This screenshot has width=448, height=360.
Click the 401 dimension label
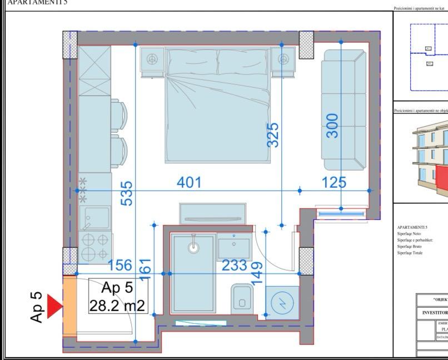click(x=189, y=182)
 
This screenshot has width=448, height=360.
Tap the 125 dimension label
click(x=333, y=182)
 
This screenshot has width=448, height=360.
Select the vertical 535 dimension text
click(x=127, y=193)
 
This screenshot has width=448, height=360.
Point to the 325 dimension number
click(x=272, y=135)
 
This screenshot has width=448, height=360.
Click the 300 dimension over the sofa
click(x=332, y=126)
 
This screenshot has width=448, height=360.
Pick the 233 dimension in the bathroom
click(x=235, y=266)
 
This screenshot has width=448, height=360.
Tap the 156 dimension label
click(x=120, y=266)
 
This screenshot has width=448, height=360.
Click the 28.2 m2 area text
click(x=117, y=305)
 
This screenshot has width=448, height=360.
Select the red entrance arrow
click(x=54, y=307)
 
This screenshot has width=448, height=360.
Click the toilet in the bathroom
click(x=242, y=297)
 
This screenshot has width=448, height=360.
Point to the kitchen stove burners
click(x=95, y=248)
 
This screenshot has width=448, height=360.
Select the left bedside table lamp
click(x=151, y=58)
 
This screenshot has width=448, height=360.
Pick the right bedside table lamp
click(x=284, y=58)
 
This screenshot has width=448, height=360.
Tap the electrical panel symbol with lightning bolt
click(x=282, y=303)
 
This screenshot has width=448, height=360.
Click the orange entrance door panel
click(x=69, y=306)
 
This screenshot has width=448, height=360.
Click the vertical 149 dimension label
click(x=257, y=274)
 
